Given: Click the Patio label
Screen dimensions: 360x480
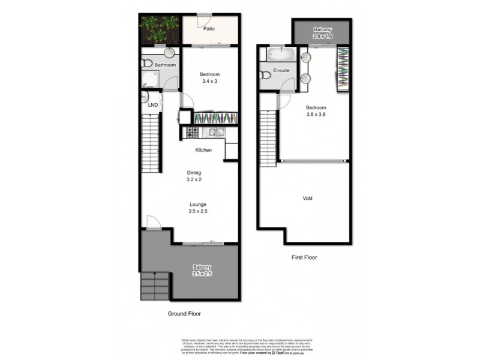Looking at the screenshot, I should tap(209, 28).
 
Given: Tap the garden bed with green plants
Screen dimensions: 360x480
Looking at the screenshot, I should tap(160, 29).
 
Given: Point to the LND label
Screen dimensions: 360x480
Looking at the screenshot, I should tap(153, 106).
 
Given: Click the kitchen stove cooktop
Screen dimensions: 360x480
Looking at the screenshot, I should tap(193, 131).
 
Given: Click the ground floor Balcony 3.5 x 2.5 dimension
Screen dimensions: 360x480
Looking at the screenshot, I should tap(202, 274).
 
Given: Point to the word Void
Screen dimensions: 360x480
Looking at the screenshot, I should tap(307, 198).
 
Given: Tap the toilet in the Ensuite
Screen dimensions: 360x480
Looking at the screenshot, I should tap(266, 75).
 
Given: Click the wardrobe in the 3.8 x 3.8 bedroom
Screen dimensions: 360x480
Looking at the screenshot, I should tap(343, 70).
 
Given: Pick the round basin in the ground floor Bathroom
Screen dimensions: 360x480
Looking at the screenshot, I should tap(169, 52).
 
